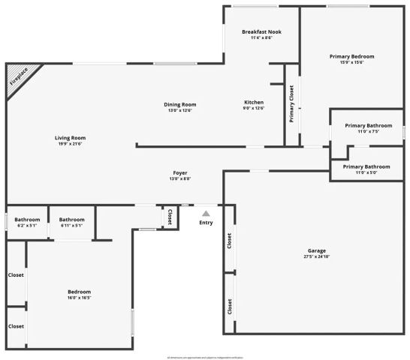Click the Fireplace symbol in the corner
tap(20, 79)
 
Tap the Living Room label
tap(70, 137)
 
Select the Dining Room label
tap(179, 104)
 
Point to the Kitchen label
tap(254, 102)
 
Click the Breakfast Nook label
tap(262, 31)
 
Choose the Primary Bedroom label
tap(351, 56)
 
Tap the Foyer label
tap(180, 172)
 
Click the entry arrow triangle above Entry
tap(206, 214)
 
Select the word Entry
tap(206, 223)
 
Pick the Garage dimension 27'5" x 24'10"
tap(315, 256)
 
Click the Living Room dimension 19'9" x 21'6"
tap(70, 143)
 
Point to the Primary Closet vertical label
tap(291, 103)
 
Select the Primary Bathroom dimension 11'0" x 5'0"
tap(366, 172)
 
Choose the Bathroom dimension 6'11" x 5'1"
tap(72, 225)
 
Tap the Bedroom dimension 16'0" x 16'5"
tap(80, 298)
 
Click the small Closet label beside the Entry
tap(170, 217)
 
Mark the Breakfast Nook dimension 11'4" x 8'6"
tap(261, 37)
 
